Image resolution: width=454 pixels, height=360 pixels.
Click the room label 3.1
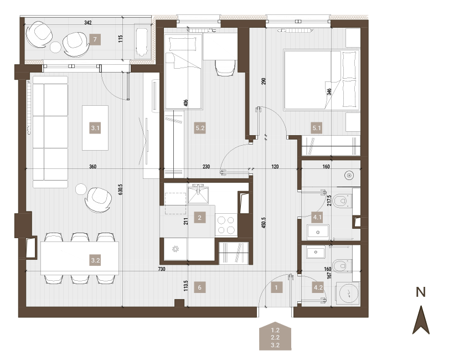tap(95, 128)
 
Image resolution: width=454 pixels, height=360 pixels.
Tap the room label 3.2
tap(95, 260)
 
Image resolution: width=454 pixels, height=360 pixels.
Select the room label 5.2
tap(200, 128)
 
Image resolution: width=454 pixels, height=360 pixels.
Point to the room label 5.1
tap(317, 128)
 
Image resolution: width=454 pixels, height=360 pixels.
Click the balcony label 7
tap(95, 39)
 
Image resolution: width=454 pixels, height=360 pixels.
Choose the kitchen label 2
tap(199, 217)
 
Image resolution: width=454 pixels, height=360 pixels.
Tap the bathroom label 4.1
tap(317, 217)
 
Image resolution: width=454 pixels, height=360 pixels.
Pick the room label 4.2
tap(318, 287)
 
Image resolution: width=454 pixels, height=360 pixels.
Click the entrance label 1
tap(276, 287)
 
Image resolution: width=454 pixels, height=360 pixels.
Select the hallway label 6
tap(200, 287)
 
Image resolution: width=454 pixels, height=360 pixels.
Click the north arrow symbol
tap(421, 320)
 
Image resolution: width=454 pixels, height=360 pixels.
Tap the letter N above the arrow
tap(421, 292)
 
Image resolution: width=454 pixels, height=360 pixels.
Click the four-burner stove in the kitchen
tap(226, 225)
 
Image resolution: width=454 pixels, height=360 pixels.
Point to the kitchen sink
tap(198, 193)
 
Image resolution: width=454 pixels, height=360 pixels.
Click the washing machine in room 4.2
tap(348, 293)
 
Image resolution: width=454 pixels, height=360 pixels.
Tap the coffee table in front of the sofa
tap(95, 128)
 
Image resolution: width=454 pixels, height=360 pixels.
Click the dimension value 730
tap(162, 269)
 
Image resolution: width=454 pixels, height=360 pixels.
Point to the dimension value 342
tap(87, 22)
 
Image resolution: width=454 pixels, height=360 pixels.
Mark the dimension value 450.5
tap(263, 223)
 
